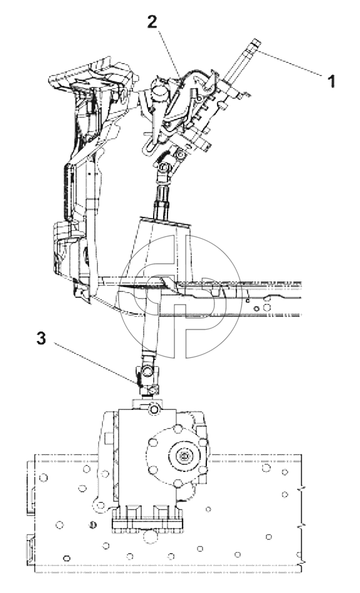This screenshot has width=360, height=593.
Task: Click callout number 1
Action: [331, 81]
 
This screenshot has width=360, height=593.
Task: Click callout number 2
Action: [152, 23]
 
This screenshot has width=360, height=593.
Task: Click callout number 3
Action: [41, 338]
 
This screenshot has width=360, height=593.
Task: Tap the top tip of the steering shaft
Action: [257, 41]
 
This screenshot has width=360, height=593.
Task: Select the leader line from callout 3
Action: [96, 364]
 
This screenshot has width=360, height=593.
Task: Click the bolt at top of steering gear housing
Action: [154, 409]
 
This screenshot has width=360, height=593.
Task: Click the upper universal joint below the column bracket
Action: [164, 172]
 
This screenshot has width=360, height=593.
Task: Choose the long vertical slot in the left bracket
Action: [69, 193]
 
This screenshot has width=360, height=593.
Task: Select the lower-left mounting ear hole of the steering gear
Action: [100, 505]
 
